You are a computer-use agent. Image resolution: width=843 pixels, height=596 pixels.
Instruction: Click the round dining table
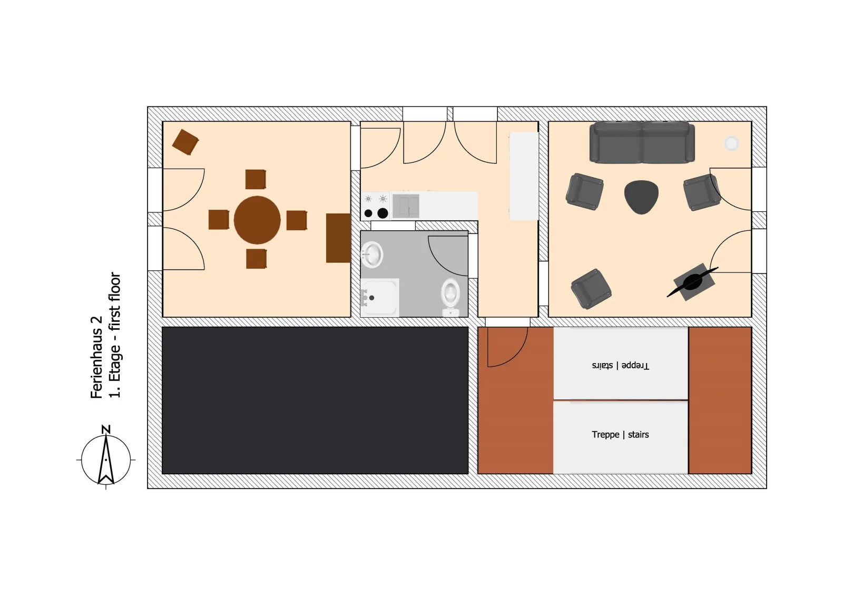257,220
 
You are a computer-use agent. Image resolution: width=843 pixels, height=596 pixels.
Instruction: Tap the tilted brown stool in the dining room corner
185,142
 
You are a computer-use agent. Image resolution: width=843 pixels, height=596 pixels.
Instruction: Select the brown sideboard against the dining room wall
338,238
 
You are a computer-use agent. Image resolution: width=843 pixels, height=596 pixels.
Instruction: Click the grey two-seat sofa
642,142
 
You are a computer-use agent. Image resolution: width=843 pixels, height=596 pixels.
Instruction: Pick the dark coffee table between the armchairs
641,197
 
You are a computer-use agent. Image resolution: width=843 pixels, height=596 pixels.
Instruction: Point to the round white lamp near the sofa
732,143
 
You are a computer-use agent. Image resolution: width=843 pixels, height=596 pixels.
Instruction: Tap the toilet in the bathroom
450,297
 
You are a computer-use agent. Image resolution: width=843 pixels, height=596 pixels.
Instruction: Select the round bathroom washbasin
372,255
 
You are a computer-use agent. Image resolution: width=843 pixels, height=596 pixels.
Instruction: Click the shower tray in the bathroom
380,297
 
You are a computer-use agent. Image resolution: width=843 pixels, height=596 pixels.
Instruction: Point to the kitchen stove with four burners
376,206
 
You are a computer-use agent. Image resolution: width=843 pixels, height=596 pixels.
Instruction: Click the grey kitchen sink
406,206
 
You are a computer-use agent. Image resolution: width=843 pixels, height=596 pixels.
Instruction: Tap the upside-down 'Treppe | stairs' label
620,365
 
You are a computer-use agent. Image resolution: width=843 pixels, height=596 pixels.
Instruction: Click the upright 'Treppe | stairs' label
620,434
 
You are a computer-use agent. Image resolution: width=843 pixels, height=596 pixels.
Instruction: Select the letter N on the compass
106,429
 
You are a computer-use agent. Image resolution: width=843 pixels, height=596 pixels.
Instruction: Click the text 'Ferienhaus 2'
97,357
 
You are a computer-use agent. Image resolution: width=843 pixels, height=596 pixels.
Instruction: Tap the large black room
315,400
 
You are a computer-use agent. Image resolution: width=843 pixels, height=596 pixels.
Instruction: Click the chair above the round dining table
256,179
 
